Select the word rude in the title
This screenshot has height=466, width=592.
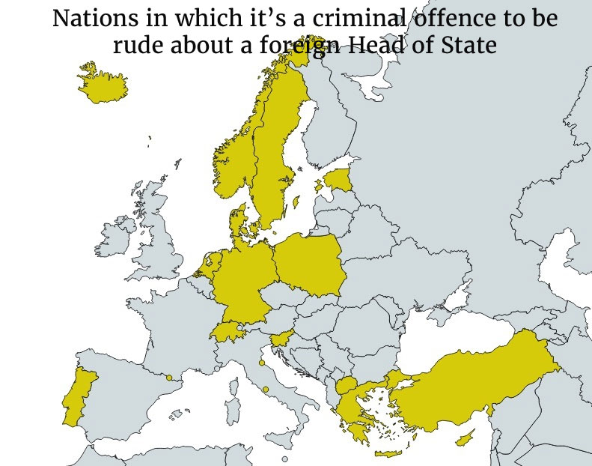(x=139, y=45)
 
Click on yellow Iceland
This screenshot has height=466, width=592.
(x=98, y=82)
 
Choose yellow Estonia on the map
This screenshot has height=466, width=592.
(x=339, y=180)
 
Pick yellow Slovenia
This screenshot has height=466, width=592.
(x=281, y=339)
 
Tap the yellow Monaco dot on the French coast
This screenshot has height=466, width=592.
(x=217, y=368)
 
